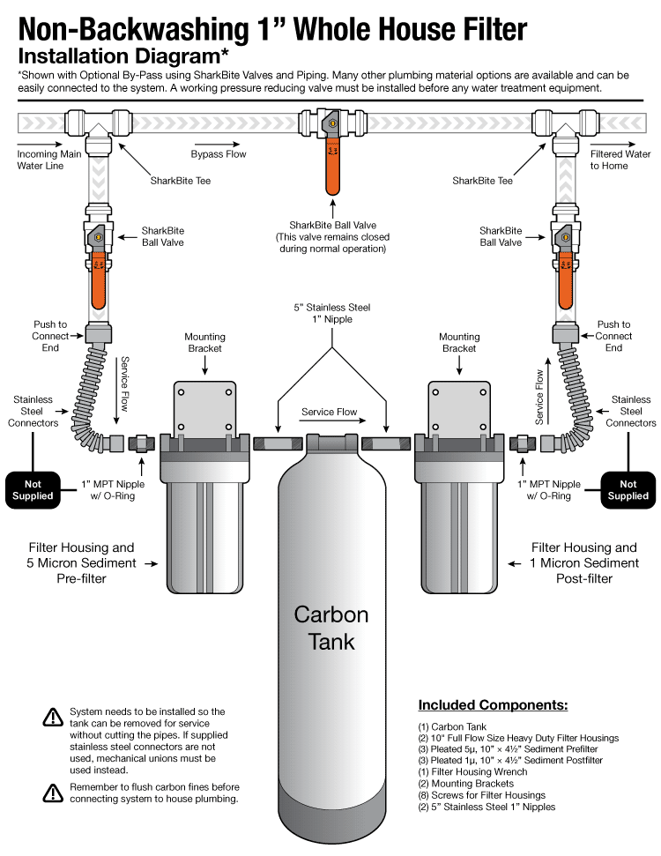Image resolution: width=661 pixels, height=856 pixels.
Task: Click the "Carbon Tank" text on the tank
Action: click(x=330, y=627)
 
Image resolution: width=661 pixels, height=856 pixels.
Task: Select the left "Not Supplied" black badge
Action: click(x=33, y=489)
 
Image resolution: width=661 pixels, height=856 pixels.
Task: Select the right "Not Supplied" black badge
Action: click(x=628, y=489)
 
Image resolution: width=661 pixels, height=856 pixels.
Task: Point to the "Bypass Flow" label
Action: click(x=219, y=154)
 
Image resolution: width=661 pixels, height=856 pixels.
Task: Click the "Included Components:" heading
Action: click(x=493, y=705)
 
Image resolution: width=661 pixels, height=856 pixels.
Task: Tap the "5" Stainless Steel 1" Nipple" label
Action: click(x=332, y=313)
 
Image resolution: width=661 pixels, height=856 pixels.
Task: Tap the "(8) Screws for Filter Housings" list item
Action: click(x=481, y=794)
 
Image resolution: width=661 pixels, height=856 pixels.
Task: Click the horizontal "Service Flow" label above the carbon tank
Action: click(x=330, y=412)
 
